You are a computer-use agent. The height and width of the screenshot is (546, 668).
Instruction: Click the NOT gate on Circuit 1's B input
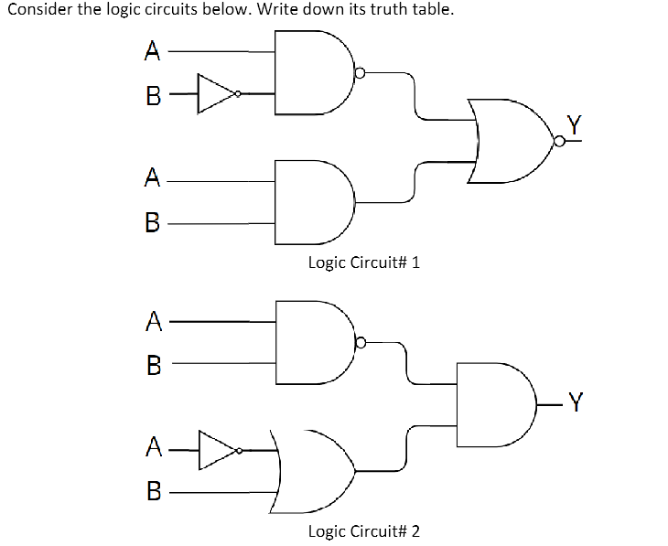coord(217,92)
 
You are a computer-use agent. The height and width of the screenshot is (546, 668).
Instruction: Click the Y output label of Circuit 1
coord(574,125)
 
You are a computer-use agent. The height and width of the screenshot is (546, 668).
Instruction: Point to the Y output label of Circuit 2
coord(574,399)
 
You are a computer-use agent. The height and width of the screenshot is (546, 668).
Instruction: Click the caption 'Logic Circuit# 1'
coord(363,262)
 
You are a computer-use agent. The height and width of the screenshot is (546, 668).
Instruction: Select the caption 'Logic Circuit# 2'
coord(363,531)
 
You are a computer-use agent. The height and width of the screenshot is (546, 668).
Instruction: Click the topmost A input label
coord(152,51)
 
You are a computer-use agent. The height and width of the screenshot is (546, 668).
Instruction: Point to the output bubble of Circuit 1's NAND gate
coord(361,72)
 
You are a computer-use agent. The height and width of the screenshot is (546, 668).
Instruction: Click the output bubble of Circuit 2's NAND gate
coord(361,343)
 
